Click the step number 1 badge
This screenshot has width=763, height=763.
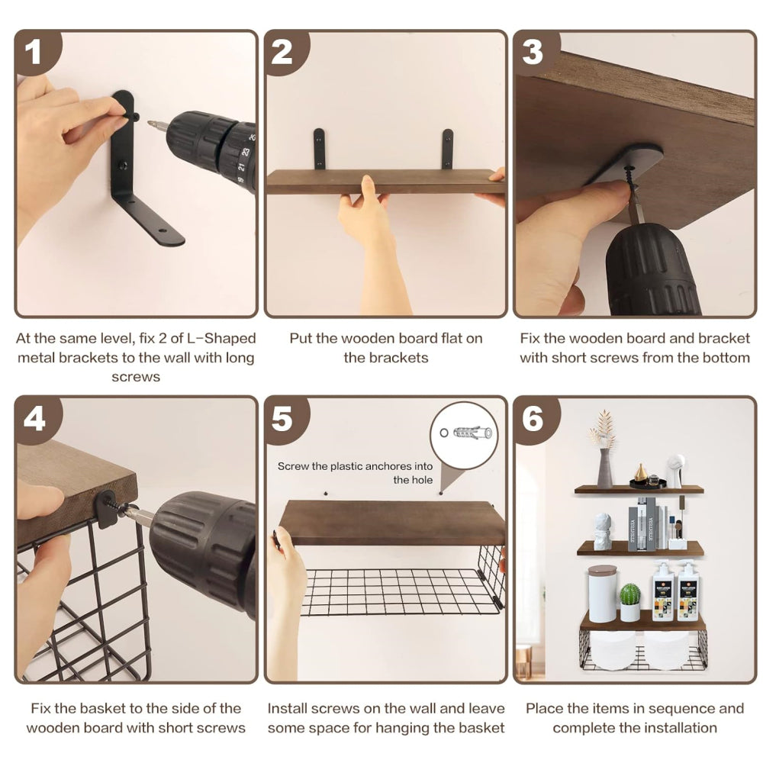[x=33, y=52]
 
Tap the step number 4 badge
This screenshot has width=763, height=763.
[x=34, y=419]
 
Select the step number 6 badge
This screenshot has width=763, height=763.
[x=533, y=419]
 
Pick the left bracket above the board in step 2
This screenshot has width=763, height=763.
[x=319, y=150]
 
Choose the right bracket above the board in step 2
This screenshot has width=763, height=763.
[x=448, y=150]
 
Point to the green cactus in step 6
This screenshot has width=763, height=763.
[x=629, y=595]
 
